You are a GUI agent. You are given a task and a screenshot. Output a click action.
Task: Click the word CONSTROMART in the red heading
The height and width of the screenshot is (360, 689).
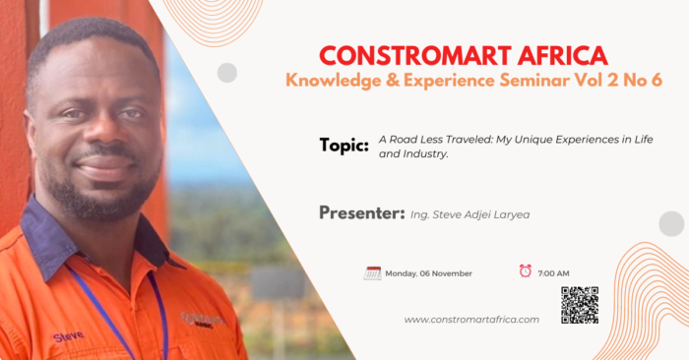point(414,56)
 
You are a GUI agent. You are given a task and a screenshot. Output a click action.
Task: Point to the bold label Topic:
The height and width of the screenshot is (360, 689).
point(344,146)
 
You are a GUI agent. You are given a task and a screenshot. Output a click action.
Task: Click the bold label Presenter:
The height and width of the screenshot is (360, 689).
point(361,212)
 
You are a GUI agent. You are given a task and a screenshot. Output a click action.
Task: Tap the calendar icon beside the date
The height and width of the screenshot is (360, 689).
point(372,273)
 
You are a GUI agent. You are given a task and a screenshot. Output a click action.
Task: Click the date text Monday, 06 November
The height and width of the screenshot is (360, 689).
point(428,273)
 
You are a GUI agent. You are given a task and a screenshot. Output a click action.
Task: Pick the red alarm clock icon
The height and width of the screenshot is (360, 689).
point(525,270)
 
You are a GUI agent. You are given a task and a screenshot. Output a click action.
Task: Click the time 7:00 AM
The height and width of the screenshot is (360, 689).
point(553,273)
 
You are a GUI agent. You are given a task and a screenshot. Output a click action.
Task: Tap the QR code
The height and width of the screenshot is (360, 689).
point(580,305)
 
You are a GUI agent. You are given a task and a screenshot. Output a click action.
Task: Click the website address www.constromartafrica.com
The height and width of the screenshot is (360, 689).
point(471,320)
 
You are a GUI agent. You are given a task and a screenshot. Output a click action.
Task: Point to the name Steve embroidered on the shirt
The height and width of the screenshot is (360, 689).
point(68,336)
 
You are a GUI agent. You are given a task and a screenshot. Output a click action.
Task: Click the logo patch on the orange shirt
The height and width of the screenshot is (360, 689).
point(203,320)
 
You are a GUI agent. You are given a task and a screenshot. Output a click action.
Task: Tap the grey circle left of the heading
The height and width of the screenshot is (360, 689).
point(227,73)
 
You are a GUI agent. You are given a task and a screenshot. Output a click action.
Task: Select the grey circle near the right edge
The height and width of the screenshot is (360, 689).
point(671,224)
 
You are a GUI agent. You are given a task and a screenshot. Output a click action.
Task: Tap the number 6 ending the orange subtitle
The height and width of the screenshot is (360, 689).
point(657,81)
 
